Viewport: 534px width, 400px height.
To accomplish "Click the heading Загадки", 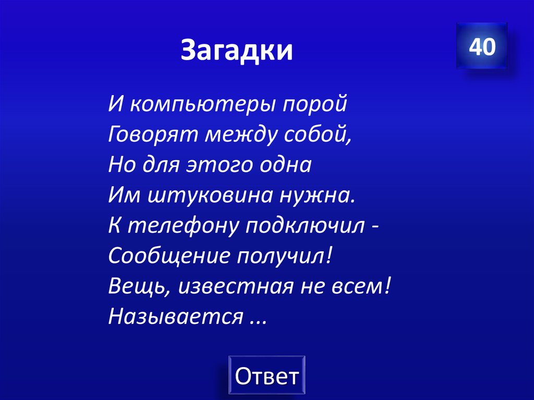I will click(237, 51).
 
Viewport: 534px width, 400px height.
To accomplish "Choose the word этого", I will click(216, 165).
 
